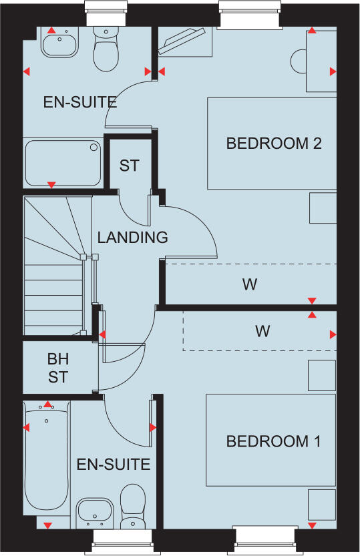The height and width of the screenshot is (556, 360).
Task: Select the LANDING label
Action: tap(132, 237)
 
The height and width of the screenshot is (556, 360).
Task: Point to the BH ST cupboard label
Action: tap(57, 368)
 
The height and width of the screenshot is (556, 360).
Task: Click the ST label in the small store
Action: tap(130, 166)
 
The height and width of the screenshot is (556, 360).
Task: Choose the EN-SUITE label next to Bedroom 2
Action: tap(80, 103)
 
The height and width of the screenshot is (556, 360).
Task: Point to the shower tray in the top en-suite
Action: tap(63, 163)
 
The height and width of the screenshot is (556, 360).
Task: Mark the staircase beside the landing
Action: tap(57, 267)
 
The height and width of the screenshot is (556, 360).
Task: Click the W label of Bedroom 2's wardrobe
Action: tap(249, 284)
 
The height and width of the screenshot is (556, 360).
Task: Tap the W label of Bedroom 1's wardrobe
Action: tap(262, 330)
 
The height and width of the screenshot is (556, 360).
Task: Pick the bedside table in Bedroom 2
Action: tap(323, 208)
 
